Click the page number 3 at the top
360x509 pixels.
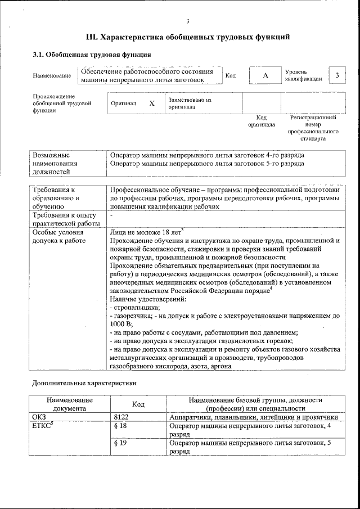[187, 21]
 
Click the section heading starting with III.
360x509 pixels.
[187, 37]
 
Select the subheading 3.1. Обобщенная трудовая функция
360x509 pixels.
[91, 55]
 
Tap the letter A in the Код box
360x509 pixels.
[265, 75]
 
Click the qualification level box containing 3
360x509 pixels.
[336, 75]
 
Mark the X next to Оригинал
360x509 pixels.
[152, 103]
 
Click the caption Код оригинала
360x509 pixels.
[262, 121]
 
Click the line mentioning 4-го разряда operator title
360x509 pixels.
[208, 155]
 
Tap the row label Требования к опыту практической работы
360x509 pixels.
[64, 219]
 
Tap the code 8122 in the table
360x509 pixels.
[121, 417]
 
